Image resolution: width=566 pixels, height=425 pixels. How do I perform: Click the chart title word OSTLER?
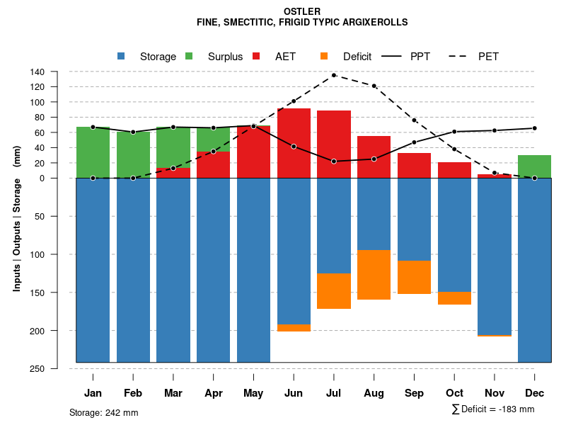pos(301,11)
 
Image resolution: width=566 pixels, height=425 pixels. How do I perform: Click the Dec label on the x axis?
pos(534,393)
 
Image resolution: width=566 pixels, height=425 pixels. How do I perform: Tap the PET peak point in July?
pos(333,75)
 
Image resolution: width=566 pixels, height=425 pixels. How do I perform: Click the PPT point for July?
pos(333,161)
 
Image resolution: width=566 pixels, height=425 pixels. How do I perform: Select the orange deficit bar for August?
pos(374,275)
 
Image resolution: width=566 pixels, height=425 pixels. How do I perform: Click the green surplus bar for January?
pos(93,152)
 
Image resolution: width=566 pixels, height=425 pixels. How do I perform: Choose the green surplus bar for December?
pos(534,166)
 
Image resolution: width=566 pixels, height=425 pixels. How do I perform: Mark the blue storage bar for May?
pos(253,269)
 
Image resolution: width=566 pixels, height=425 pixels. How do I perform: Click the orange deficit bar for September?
pos(414,277)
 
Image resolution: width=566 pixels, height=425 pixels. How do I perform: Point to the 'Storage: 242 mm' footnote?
pos(104,412)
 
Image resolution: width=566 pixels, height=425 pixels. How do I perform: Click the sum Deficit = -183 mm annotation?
pos(492,409)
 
